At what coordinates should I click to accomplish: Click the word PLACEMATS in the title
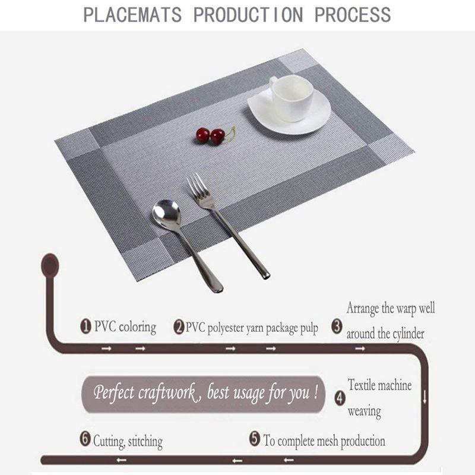[x=132, y=15]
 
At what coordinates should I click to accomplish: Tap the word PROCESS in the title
[x=353, y=15]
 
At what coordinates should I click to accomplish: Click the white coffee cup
[x=290, y=97]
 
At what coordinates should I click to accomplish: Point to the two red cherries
[x=211, y=136]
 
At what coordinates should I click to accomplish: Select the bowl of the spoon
[x=167, y=215]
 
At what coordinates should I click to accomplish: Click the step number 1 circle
[x=85, y=327]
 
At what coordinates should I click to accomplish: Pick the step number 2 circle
[x=179, y=327]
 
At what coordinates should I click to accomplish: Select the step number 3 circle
[x=337, y=327]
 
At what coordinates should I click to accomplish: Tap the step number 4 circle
[x=340, y=398]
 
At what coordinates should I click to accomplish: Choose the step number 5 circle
[x=255, y=439]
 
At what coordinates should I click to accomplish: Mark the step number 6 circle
[x=85, y=439]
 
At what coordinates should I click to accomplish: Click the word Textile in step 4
[x=362, y=385]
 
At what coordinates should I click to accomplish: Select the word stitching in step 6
[x=145, y=442]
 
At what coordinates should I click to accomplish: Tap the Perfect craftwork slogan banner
[x=203, y=394]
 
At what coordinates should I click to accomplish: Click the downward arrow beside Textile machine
[x=425, y=397]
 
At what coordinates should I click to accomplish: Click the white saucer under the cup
[x=289, y=112]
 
